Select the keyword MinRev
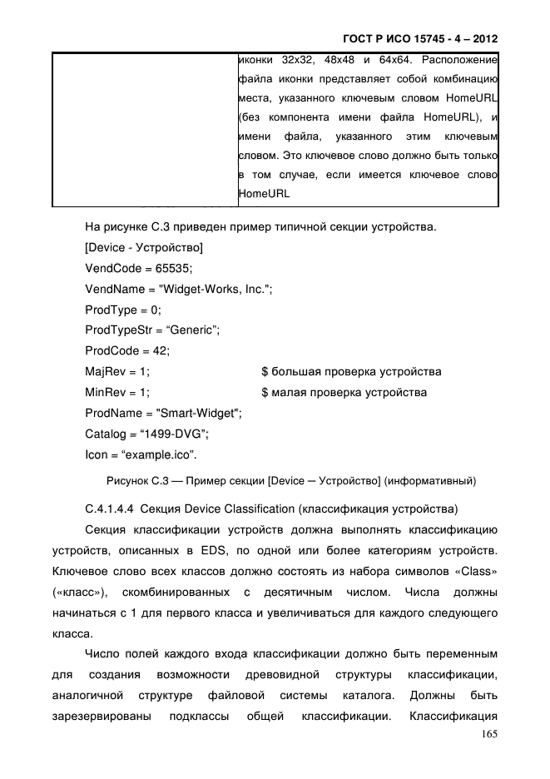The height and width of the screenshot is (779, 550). pos(105,392)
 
